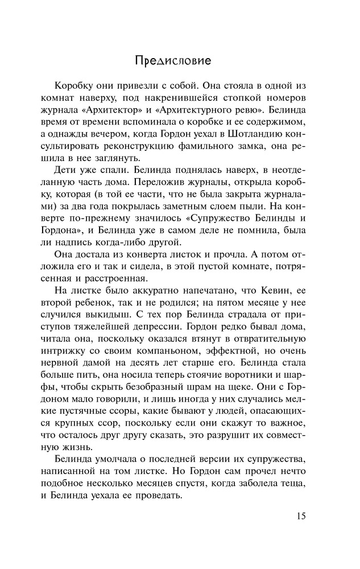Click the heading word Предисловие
coord(173,59)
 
